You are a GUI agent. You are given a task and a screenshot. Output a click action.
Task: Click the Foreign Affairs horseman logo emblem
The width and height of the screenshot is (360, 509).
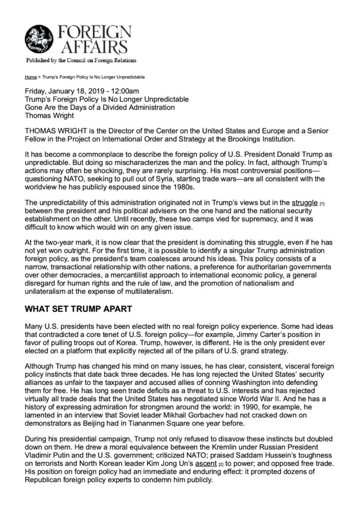39,37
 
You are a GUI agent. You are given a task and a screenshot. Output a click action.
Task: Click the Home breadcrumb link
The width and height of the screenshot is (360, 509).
29,78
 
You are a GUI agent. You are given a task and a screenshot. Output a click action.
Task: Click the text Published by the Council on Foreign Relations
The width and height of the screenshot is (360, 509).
78,60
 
